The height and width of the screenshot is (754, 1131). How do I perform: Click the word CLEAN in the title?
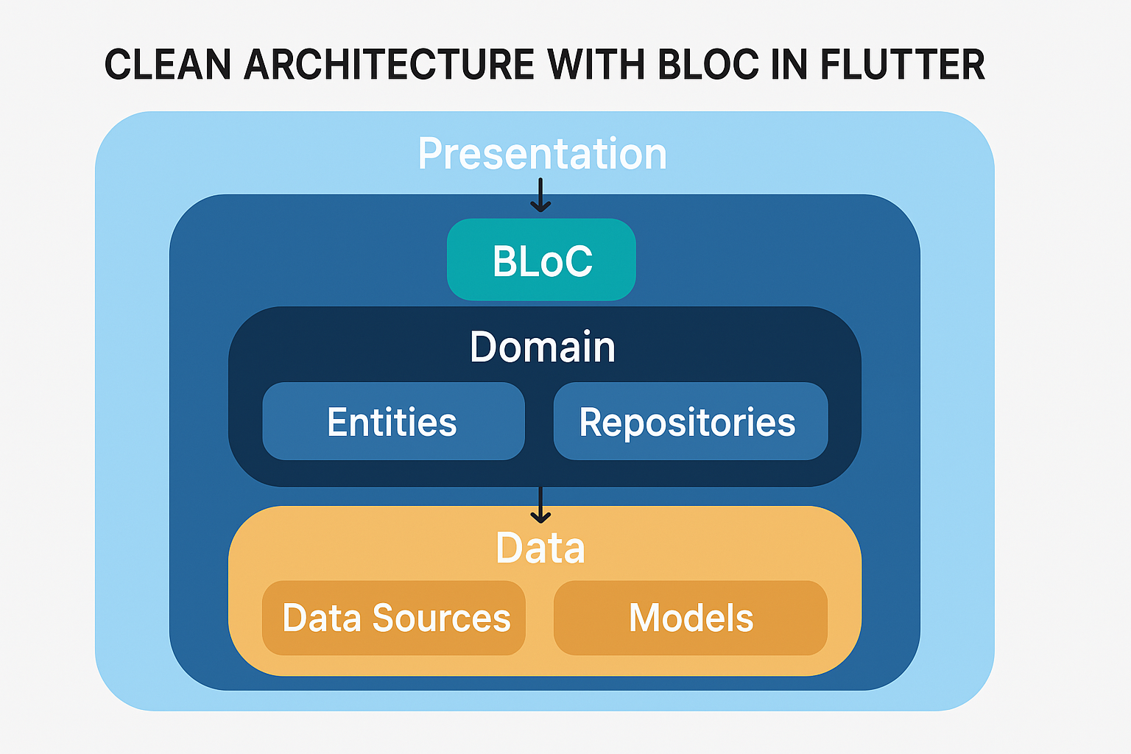pyautogui.click(x=168, y=65)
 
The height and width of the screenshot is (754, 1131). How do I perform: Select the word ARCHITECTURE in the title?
pyautogui.click(x=389, y=65)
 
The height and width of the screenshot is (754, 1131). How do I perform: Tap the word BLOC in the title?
pyautogui.click(x=708, y=65)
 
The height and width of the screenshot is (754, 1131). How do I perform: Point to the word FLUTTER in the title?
pyautogui.click(x=902, y=65)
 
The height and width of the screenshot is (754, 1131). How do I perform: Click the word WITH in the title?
pyautogui.click(x=596, y=65)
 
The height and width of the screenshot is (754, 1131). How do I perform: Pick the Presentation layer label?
pyautogui.click(x=542, y=154)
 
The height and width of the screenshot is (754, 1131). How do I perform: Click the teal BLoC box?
pyautogui.click(x=541, y=260)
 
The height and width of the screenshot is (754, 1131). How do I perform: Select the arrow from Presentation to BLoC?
pyautogui.click(x=541, y=196)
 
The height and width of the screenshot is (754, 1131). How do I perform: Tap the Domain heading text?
pyautogui.click(x=542, y=347)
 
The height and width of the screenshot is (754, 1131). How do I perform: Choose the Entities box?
pyautogui.click(x=393, y=422)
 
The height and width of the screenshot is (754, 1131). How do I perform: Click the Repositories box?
pyautogui.click(x=690, y=422)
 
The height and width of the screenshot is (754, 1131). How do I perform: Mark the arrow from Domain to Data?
pyautogui.click(x=541, y=505)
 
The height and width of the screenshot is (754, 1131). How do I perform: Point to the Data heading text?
pyautogui.click(x=540, y=549)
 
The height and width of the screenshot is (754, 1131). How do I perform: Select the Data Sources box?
pyautogui.click(x=394, y=618)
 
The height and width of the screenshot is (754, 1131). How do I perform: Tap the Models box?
pyautogui.click(x=690, y=618)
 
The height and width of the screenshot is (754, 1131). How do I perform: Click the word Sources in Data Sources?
pyautogui.click(x=441, y=618)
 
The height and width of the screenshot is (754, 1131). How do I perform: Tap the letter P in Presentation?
pyautogui.click(x=430, y=154)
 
